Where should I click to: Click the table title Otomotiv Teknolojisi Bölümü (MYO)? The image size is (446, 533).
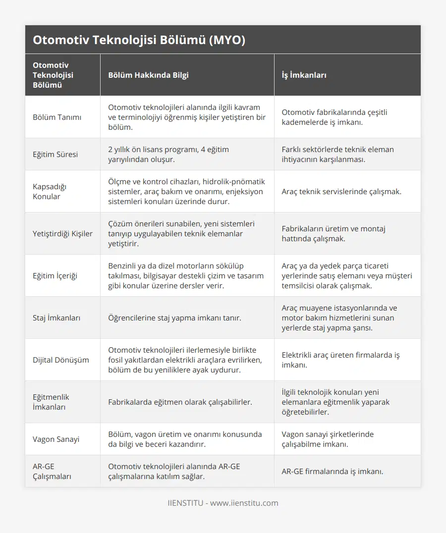point(139,40)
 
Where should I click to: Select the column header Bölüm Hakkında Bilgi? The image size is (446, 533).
point(148,75)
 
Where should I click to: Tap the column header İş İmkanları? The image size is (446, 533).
point(304,75)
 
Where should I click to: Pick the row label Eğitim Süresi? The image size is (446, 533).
point(55,154)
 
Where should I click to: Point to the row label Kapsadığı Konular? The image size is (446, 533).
point(50,191)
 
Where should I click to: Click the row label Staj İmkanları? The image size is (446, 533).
point(56,318)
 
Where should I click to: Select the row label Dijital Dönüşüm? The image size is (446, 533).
point(61,360)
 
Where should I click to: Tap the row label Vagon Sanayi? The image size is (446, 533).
point(56,439)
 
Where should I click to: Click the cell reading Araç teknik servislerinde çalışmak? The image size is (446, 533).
point(341,191)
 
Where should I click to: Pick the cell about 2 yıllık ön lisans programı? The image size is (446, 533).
point(168,154)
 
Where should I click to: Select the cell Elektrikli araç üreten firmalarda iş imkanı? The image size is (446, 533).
point(340,360)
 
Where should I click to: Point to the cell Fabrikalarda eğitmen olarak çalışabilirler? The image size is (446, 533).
point(180,402)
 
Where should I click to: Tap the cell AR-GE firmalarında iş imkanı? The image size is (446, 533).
point(332,471)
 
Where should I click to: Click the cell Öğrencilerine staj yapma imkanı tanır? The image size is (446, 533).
point(174,318)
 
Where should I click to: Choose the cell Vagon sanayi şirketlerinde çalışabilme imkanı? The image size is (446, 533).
point(328,439)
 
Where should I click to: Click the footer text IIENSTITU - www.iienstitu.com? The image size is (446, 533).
point(223,503)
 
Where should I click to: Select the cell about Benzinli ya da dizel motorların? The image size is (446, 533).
point(186,275)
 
